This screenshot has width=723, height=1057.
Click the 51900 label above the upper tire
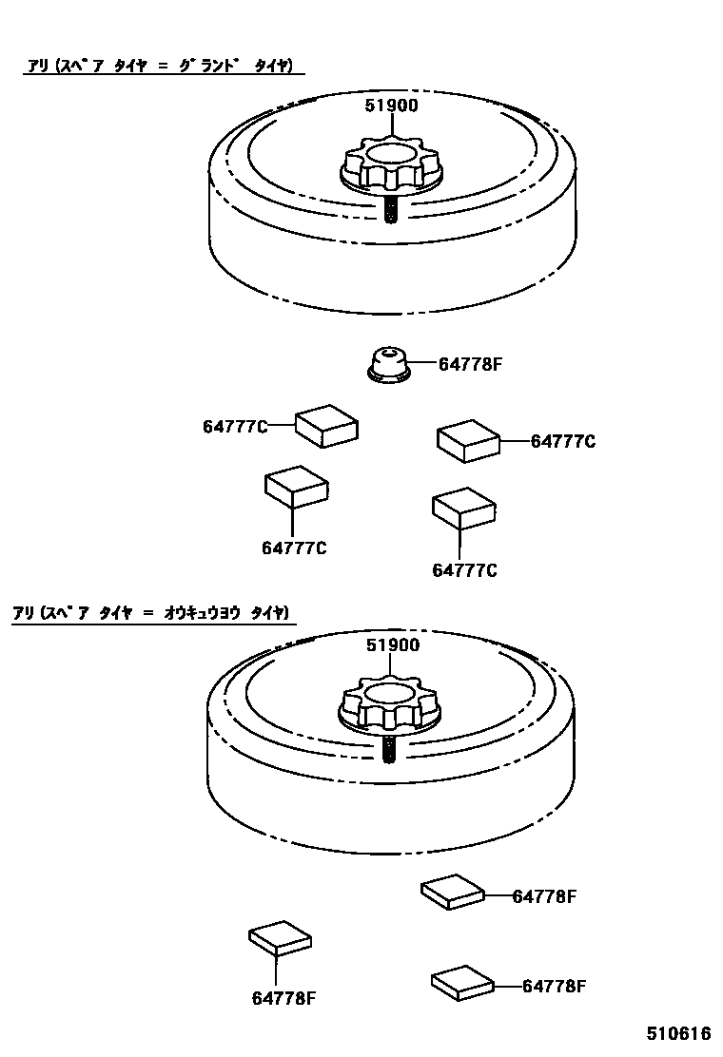[391, 106]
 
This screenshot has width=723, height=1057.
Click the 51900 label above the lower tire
[392, 645]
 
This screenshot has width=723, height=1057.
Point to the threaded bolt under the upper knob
[391, 209]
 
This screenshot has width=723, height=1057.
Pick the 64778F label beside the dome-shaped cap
[469, 363]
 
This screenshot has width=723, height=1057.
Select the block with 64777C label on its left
[327, 425]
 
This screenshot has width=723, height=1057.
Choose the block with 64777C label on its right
[468, 441]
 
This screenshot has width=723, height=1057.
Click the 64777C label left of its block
[234, 427]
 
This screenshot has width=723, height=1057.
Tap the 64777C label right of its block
[563, 441]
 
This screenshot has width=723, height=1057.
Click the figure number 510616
[679, 1033]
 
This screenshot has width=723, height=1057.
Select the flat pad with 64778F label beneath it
[281, 938]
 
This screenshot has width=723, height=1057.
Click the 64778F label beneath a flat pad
[283, 997]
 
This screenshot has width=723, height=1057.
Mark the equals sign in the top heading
[162, 66]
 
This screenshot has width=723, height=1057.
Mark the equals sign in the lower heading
[147, 613]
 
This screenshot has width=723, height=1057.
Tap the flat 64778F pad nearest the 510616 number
[463, 982]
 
